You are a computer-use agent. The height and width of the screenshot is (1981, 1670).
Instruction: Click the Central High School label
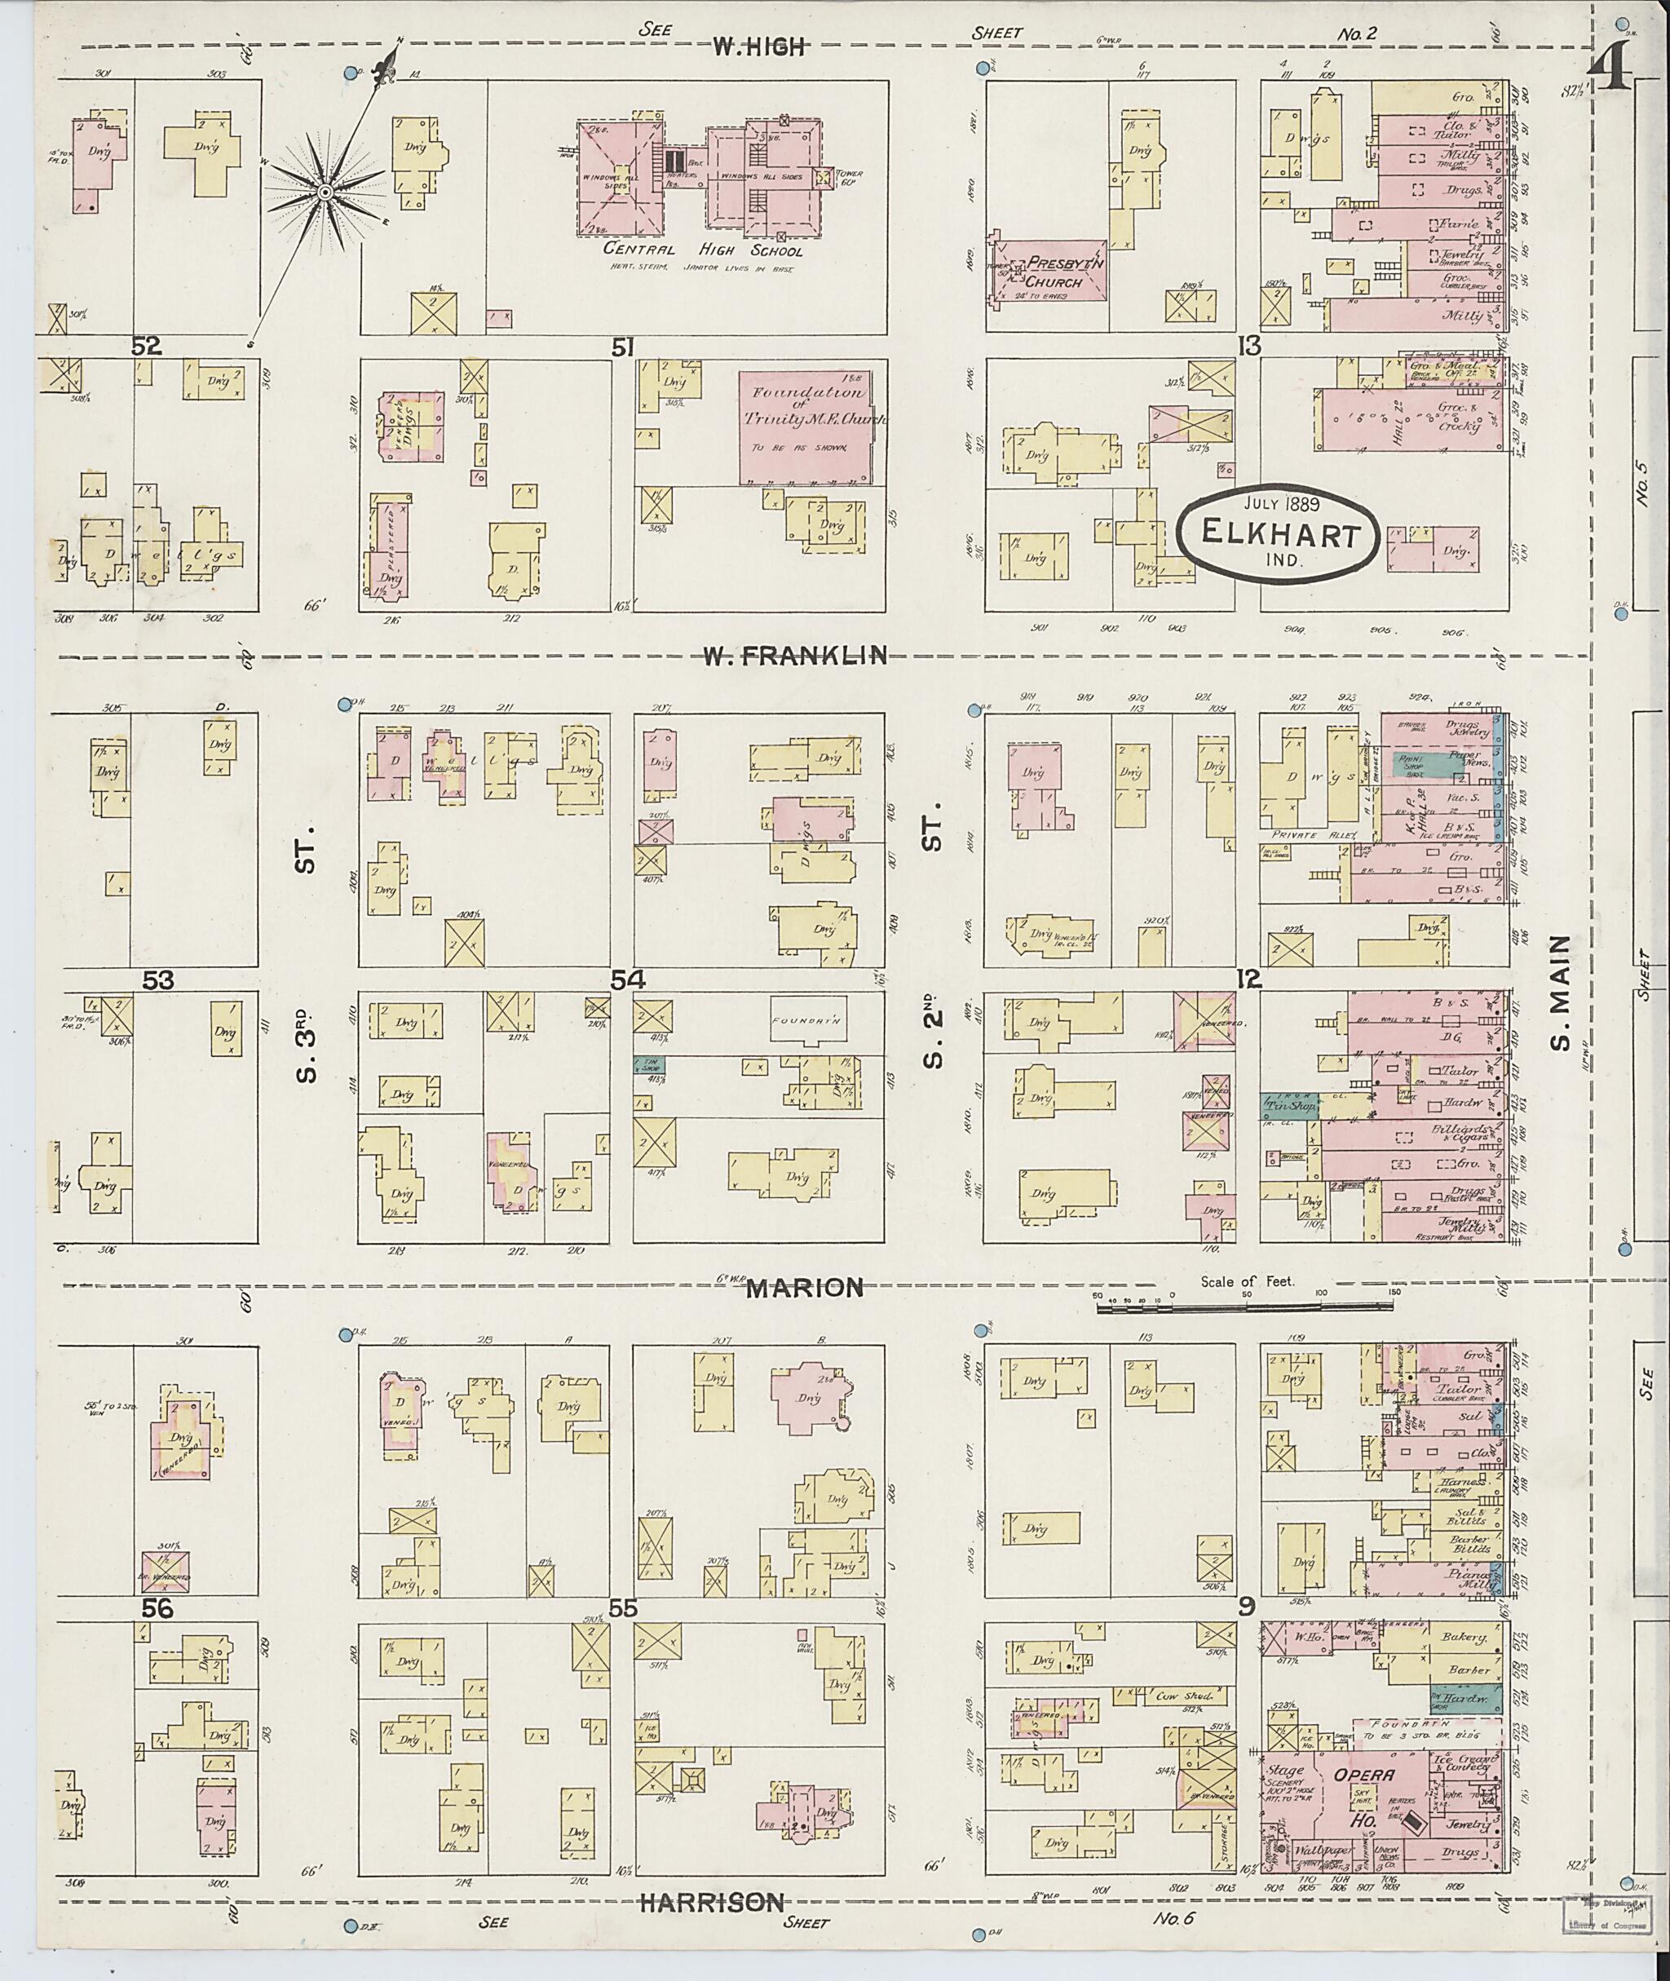pos(704,251)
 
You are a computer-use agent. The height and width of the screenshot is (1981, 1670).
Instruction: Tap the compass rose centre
pos(325,192)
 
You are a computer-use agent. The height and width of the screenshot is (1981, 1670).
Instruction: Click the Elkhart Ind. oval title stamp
pos(1276,534)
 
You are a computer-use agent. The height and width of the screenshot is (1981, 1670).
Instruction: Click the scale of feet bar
pos(1245,1307)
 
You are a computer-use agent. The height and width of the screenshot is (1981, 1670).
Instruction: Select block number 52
pos(146,347)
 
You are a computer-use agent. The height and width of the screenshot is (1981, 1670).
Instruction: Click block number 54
pos(625,981)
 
